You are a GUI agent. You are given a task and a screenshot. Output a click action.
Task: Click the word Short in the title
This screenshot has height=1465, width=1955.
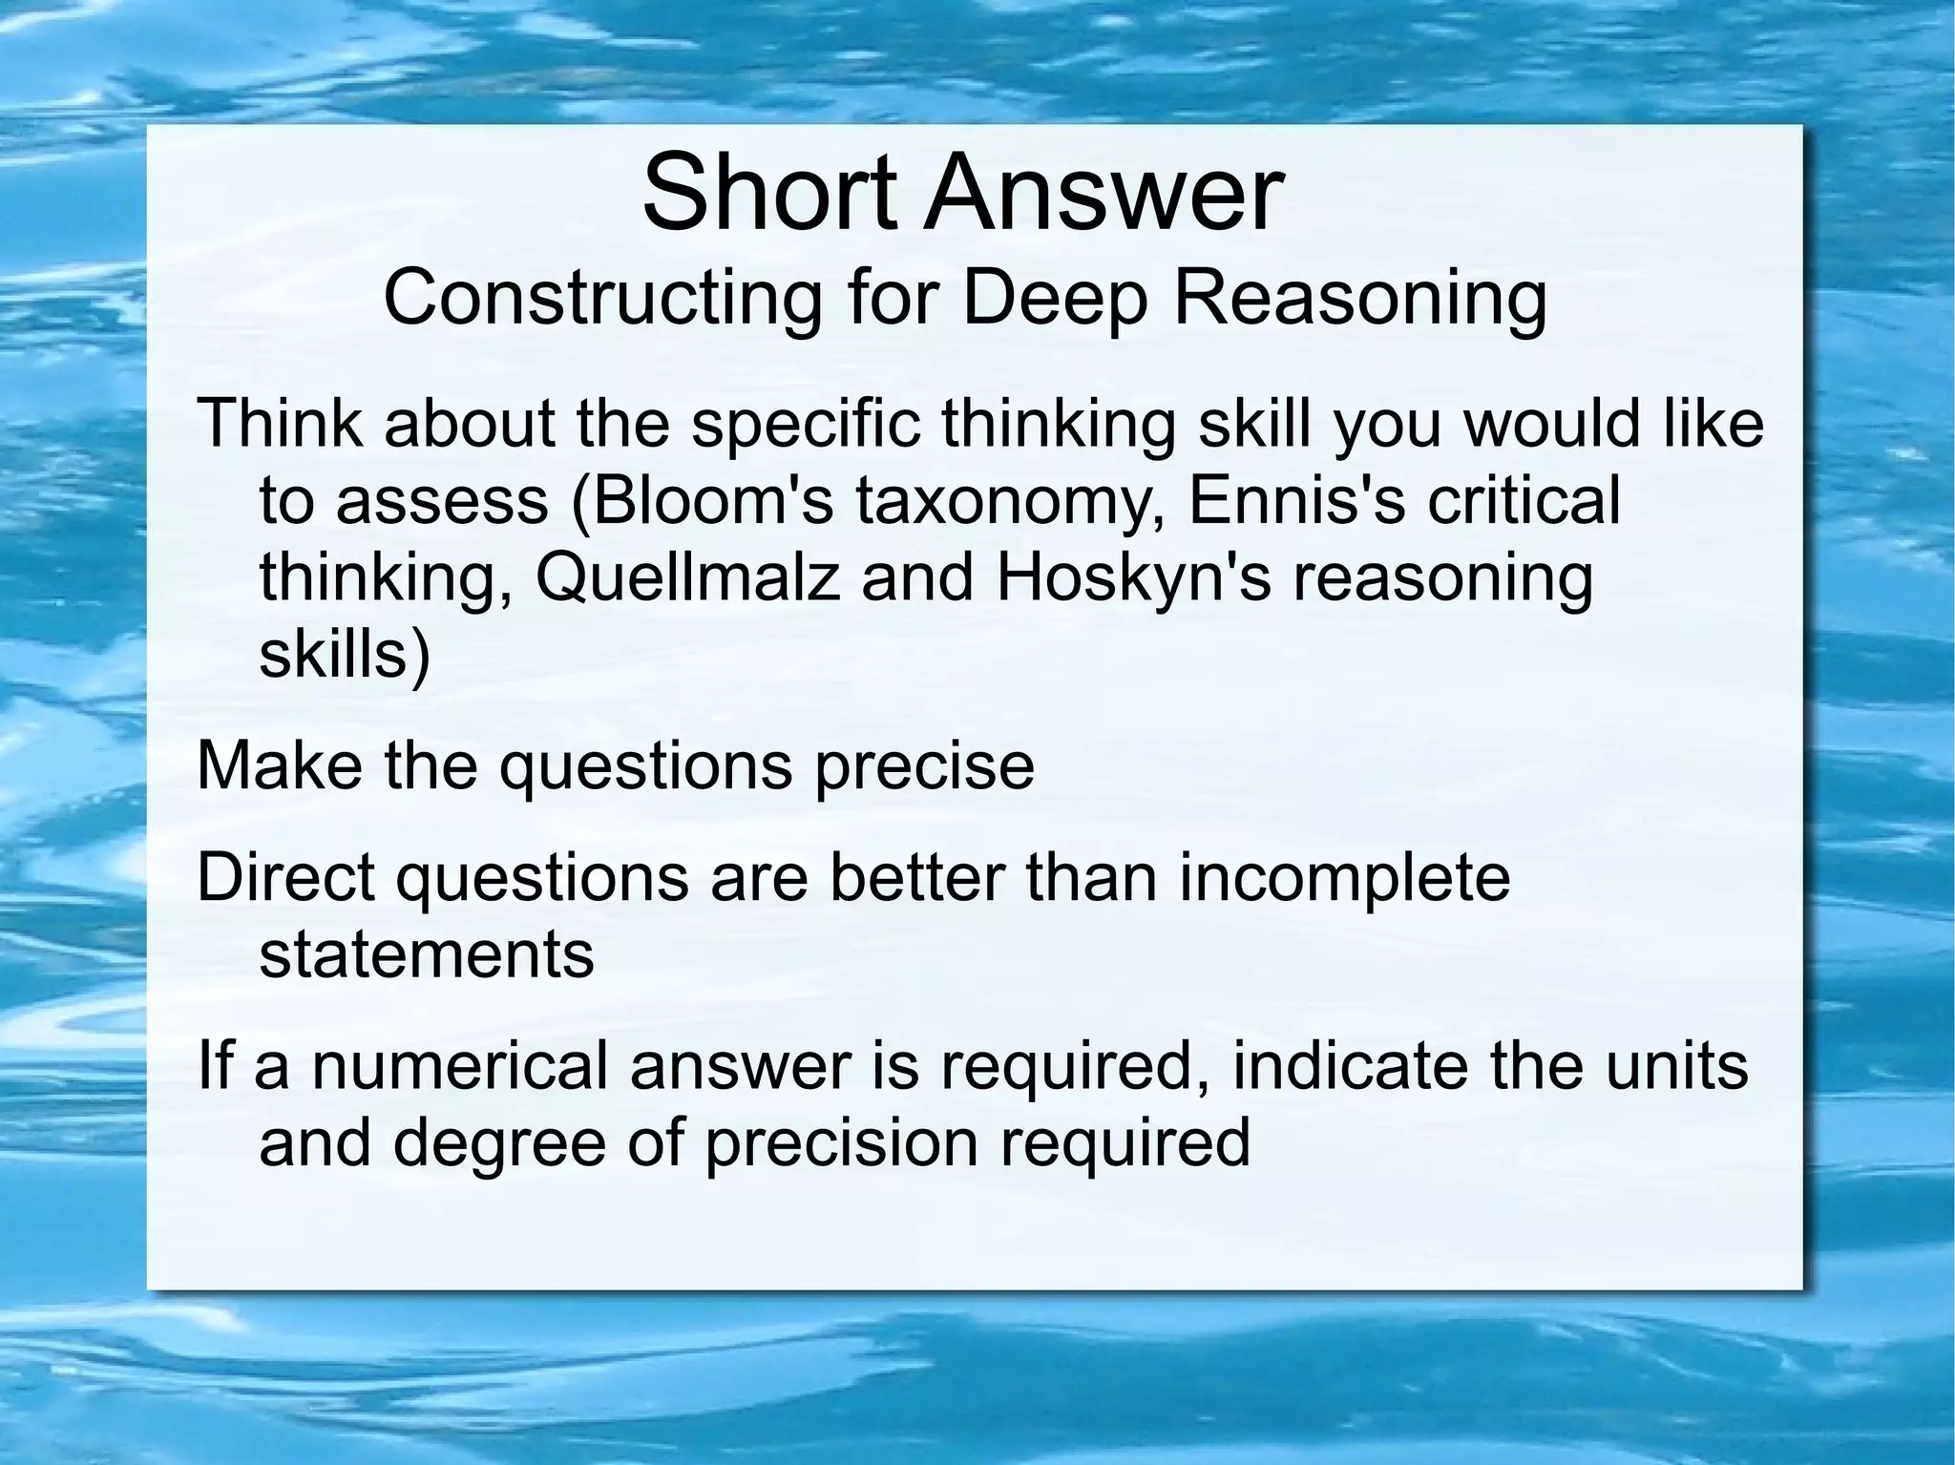[x=769, y=195]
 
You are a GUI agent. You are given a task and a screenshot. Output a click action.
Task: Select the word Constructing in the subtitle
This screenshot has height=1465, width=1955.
[x=602, y=298]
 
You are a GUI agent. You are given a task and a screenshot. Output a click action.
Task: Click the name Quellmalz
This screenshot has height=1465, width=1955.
[x=688, y=578]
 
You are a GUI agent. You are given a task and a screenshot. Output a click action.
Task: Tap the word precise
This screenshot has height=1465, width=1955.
[x=924, y=765]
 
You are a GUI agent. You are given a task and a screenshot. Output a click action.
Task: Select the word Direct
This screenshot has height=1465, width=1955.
[x=285, y=878]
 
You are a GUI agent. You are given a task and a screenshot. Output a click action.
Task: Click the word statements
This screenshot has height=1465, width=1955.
[x=427, y=953]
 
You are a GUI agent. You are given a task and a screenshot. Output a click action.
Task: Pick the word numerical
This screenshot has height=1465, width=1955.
[x=460, y=1066]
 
